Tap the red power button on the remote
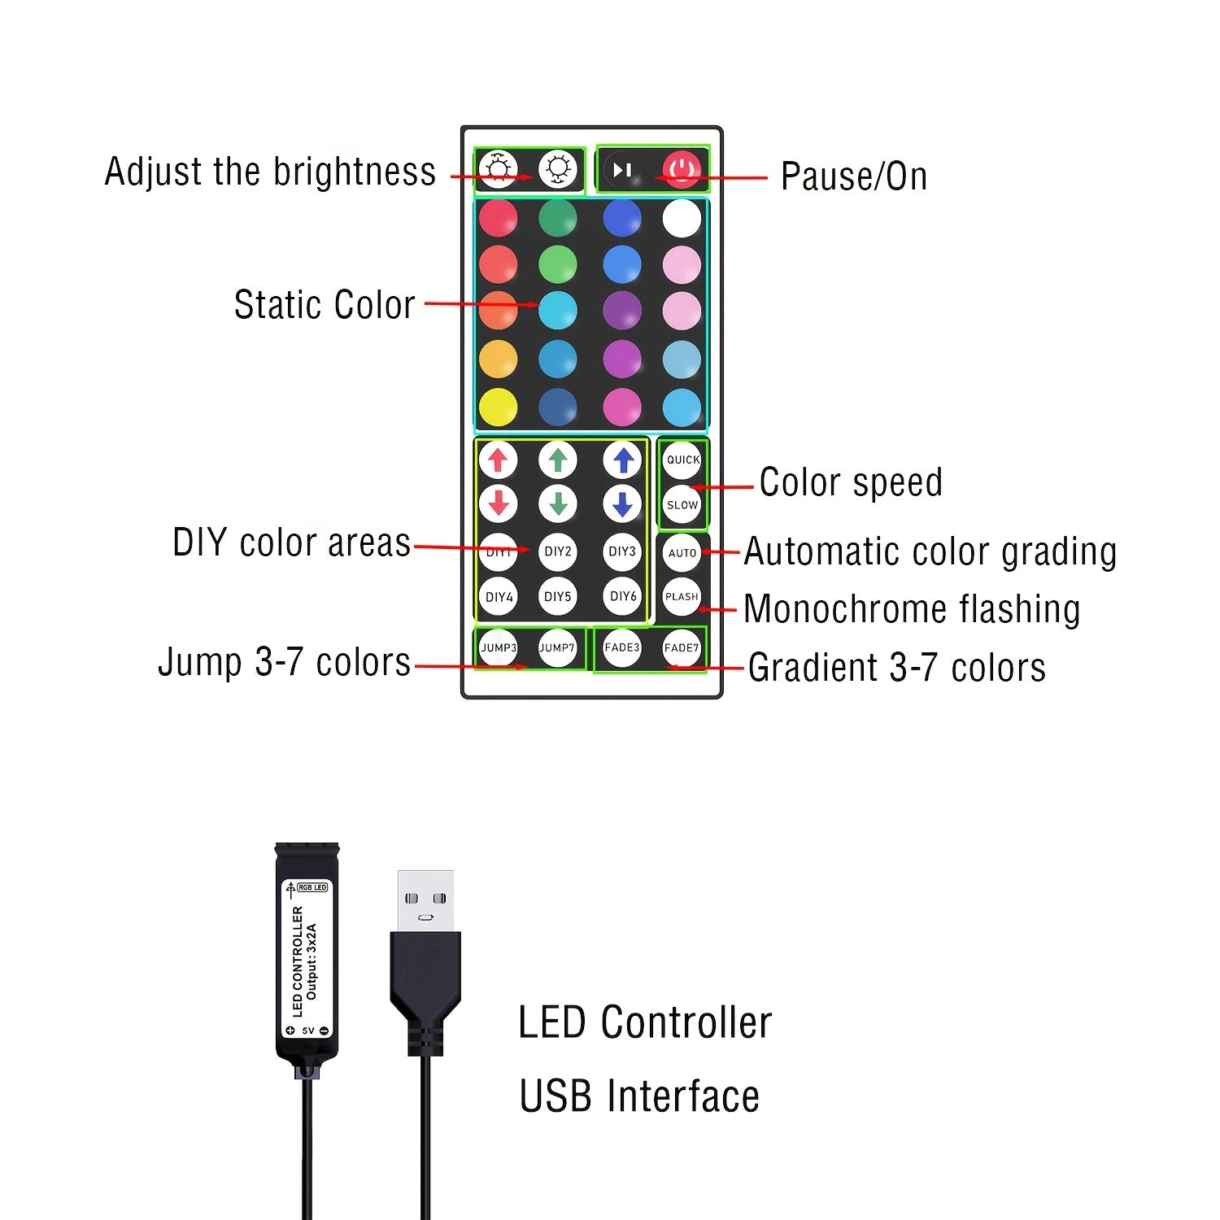click(682, 170)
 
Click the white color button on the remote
click(682, 218)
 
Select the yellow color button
click(498, 407)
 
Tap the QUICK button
click(682, 460)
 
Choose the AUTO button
click(682, 553)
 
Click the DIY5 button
click(558, 596)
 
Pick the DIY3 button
click(622, 551)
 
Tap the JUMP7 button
click(557, 648)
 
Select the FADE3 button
click(622, 647)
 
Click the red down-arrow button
click(499, 503)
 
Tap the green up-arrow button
click(558, 460)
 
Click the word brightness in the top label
click(355, 172)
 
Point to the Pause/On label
click(854, 176)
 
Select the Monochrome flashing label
click(912, 609)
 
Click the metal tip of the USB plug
click(425, 901)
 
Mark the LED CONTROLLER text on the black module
click(297, 962)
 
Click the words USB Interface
click(639, 1096)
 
